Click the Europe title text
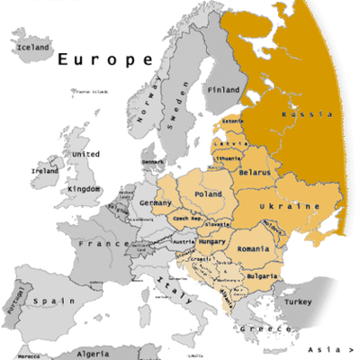[105, 60]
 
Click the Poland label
[207, 193]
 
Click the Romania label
[254, 247]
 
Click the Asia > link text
[329, 349]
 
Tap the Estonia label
[233, 121]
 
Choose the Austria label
[184, 242]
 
